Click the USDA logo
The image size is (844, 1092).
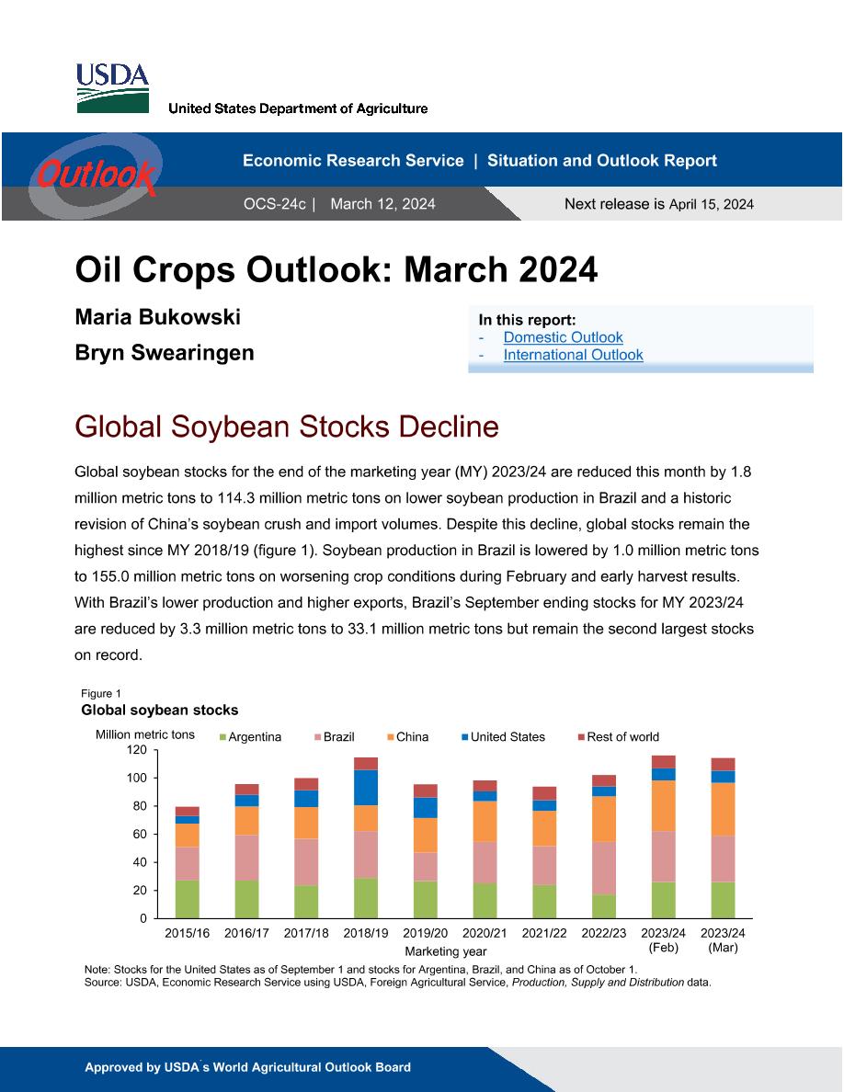point(112,87)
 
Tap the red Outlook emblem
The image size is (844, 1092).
point(96,174)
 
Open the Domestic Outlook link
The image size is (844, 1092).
point(563,337)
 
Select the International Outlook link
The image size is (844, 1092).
point(573,355)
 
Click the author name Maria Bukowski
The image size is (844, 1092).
point(157,317)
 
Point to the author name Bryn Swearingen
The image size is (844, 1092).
point(165,352)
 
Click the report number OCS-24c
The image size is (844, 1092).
point(274,204)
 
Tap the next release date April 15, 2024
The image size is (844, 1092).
point(711,204)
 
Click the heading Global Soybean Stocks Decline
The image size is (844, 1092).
point(287,427)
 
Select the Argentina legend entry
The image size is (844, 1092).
point(251,737)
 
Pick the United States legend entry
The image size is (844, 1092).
point(503,737)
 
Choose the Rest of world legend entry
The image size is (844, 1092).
point(619,737)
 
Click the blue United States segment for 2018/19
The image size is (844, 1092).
point(366,788)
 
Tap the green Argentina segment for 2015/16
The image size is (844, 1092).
point(188,899)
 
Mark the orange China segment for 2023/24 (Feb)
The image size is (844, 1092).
point(664,806)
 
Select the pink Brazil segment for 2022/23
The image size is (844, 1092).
point(604,869)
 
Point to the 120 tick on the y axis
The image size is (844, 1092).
point(136,750)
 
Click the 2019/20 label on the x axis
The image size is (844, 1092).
point(426,933)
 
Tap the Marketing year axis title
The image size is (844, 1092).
point(446,951)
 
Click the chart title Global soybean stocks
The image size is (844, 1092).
point(159,711)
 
